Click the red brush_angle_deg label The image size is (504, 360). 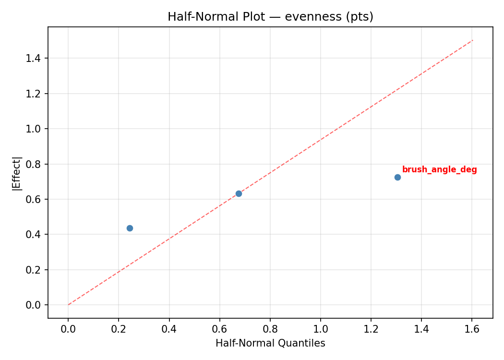(x=439, y=170)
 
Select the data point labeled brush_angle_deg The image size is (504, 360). (x=397, y=177)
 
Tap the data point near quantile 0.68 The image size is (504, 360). (x=239, y=193)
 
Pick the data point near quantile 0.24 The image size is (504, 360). (x=130, y=228)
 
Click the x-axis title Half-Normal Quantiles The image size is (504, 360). (x=270, y=343)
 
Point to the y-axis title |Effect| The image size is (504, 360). (x=17, y=173)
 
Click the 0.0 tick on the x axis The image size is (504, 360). (x=68, y=329)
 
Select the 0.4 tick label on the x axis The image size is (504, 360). (x=169, y=329)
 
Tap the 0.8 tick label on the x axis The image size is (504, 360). (x=270, y=329)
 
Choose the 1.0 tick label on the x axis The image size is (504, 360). (x=321, y=329)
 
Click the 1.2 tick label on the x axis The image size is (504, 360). (x=371, y=329)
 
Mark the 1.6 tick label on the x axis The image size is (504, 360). (x=472, y=329)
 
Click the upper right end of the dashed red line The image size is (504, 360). (x=473, y=40)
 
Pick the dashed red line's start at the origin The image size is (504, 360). (x=68, y=305)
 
